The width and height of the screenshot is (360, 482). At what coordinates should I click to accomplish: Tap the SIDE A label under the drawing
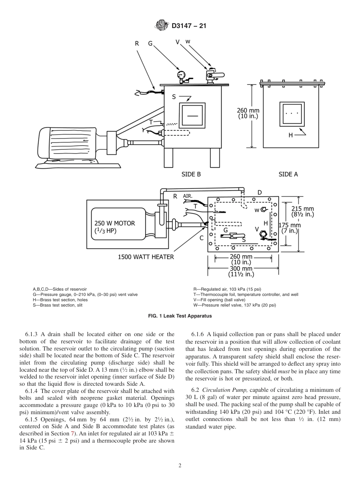tap(288, 174)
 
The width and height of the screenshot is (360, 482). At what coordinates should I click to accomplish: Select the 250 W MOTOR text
tap(114, 223)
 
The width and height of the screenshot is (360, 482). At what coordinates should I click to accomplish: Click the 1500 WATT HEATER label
tap(146, 257)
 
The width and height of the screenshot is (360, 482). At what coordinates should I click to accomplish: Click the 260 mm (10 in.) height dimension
tap(248, 114)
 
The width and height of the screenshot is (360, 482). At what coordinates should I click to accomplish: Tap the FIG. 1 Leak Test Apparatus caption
tap(180, 316)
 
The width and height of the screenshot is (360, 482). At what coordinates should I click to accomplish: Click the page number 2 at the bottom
tap(180, 466)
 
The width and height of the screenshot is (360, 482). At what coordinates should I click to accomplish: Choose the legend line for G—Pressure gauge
tap(85, 294)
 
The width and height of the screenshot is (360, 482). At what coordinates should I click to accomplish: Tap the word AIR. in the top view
tap(188, 196)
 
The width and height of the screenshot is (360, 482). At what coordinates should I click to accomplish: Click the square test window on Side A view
tap(292, 114)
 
